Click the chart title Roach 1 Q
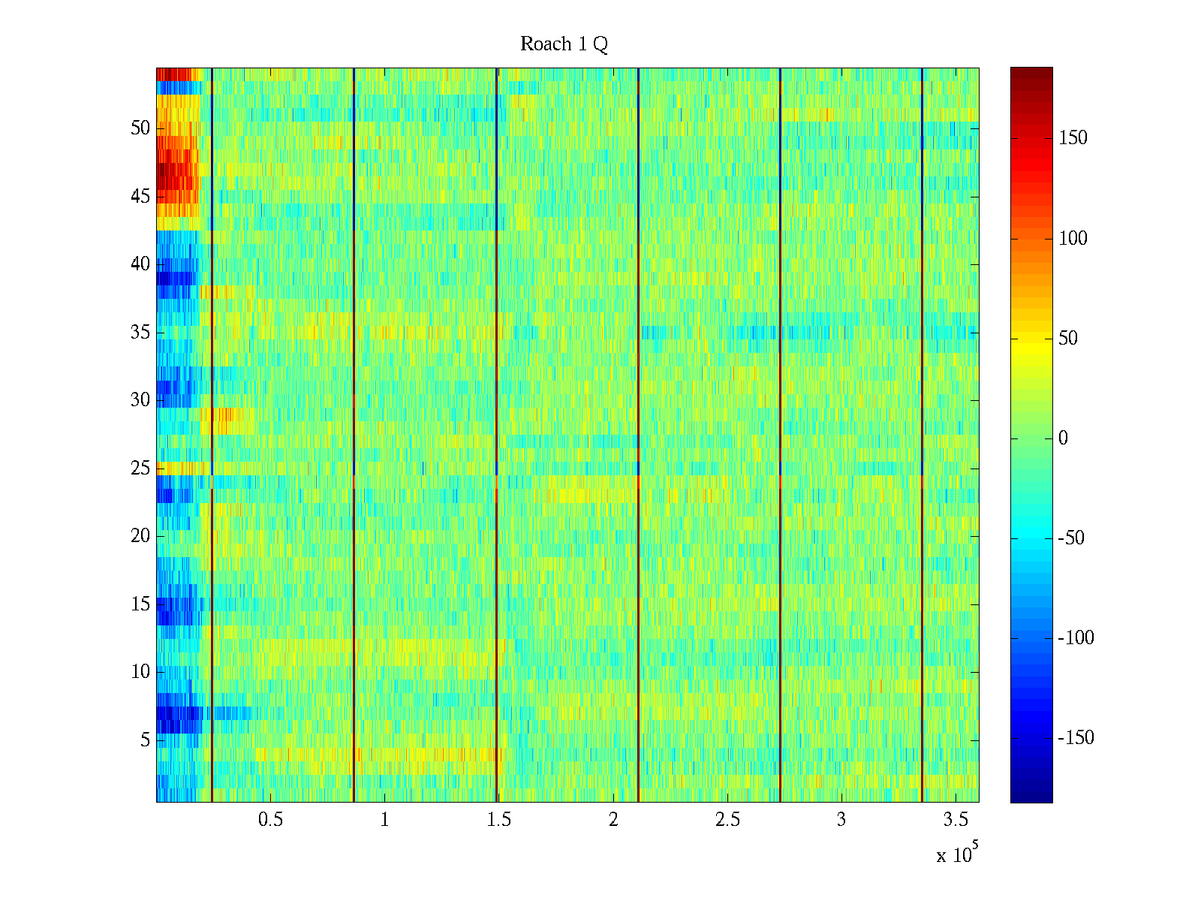pyautogui.click(x=564, y=44)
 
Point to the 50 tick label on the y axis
pyautogui.click(x=140, y=128)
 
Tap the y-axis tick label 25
pyautogui.click(x=140, y=469)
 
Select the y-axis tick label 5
pyautogui.click(x=145, y=740)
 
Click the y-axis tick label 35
pyautogui.click(x=140, y=333)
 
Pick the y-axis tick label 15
pyautogui.click(x=140, y=604)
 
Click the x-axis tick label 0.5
pyautogui.click(x=270, y=820)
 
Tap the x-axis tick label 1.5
pyautogui.click(x=499, y=820)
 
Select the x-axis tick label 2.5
pyautogui.click(x=727, y=820)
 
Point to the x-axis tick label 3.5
pyautogui.click(x=956, y=820)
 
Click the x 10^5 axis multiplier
pyautogui.click(x=957, y=854)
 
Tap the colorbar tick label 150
pyautogui.click(x=1073, y=138)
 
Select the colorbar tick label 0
pyautogui.click(x=1063, y=438)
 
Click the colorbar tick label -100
pyautogui.click(x=1076, y=638)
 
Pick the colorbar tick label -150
pyautogui.click(x=1076, y=738)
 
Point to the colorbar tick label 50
pyautogui.click(x=1068, y=339)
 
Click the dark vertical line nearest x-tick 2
pyautogui.click(x=638, y=435)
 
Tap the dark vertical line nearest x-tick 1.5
pyautogui.click(x=496, y=435)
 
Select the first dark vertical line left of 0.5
pyautogui.click(x=212, y=435)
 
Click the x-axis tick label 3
pyautogui.click(x=841, y=820)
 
